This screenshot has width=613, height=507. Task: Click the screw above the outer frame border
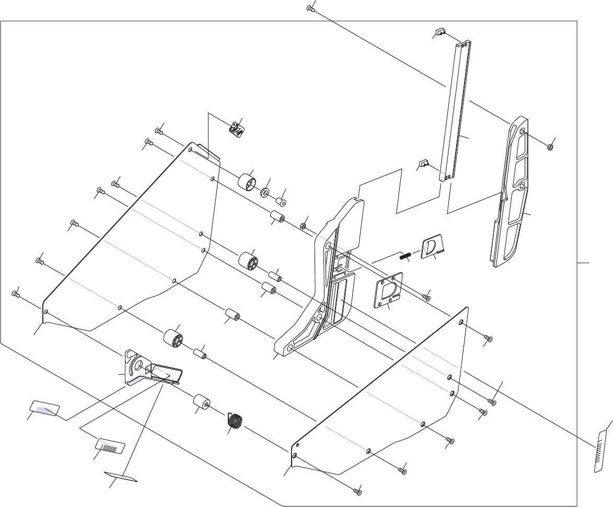click(x=310, y=8)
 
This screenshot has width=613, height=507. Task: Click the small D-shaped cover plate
click(x=432, y=246)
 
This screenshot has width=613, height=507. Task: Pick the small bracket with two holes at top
click(x=237, y=128)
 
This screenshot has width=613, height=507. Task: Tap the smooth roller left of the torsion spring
click(x=202, y=403)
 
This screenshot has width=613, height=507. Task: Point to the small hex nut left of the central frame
click(x=302, y=227)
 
